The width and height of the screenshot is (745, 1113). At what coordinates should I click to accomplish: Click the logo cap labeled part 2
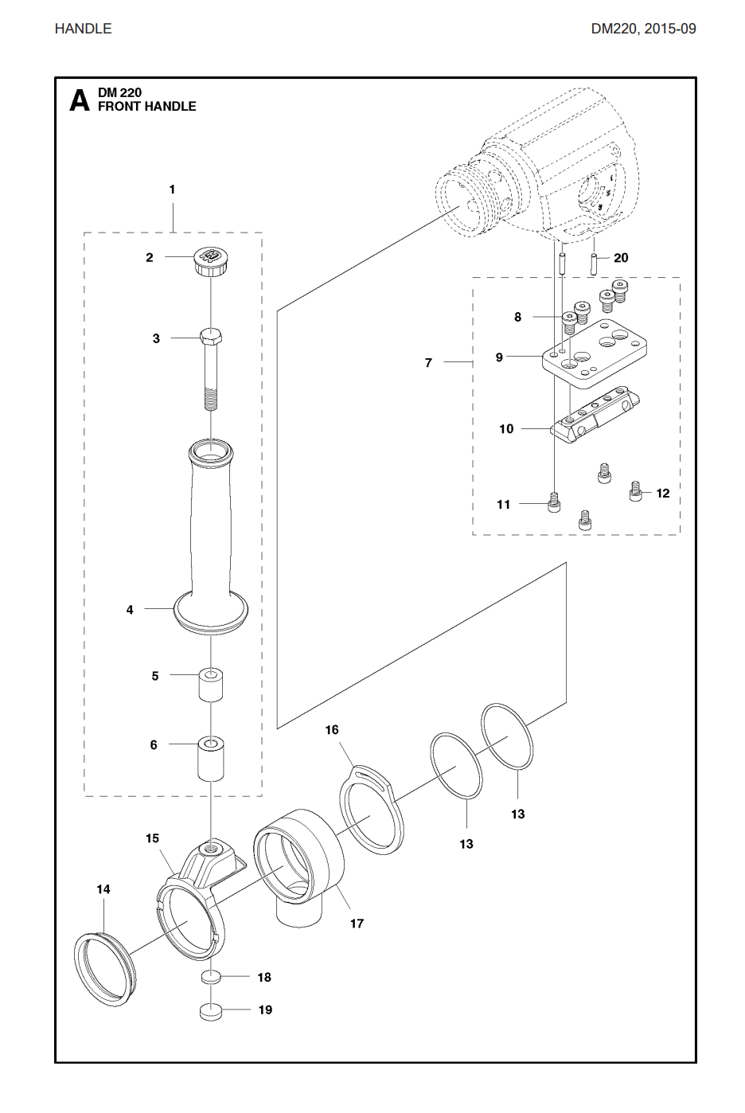210,260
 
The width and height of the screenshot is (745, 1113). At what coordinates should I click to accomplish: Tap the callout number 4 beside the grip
130,610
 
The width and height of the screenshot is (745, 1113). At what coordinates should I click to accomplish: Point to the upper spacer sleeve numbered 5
210,685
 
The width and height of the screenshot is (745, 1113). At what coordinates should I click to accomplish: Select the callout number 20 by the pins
621,258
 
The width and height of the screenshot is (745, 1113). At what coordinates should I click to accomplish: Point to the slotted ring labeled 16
371,813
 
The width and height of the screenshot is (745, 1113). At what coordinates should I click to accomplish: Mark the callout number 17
357,924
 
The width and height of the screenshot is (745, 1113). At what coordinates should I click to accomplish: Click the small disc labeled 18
210,978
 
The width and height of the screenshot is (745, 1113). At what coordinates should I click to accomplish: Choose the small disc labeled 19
210,1011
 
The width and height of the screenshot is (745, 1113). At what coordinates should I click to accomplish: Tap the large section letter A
80,100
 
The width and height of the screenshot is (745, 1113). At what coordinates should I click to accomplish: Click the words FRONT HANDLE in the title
146,107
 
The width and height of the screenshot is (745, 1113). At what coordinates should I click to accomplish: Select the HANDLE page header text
83,29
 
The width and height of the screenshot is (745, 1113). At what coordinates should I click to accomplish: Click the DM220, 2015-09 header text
643,29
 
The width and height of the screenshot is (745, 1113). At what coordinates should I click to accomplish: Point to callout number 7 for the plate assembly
428,363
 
